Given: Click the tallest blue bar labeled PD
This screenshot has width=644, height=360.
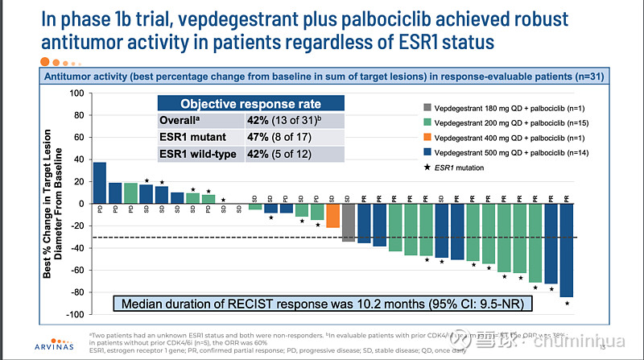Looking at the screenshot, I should (x=100, y=183).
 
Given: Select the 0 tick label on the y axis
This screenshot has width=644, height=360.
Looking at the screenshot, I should (x=80, y=204).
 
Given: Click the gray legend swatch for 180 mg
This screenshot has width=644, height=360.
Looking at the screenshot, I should (x=424, y=107).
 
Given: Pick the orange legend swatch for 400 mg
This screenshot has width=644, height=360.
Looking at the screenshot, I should (x=424, y=138).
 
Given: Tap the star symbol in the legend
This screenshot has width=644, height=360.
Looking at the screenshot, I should (x=424, y=168).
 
